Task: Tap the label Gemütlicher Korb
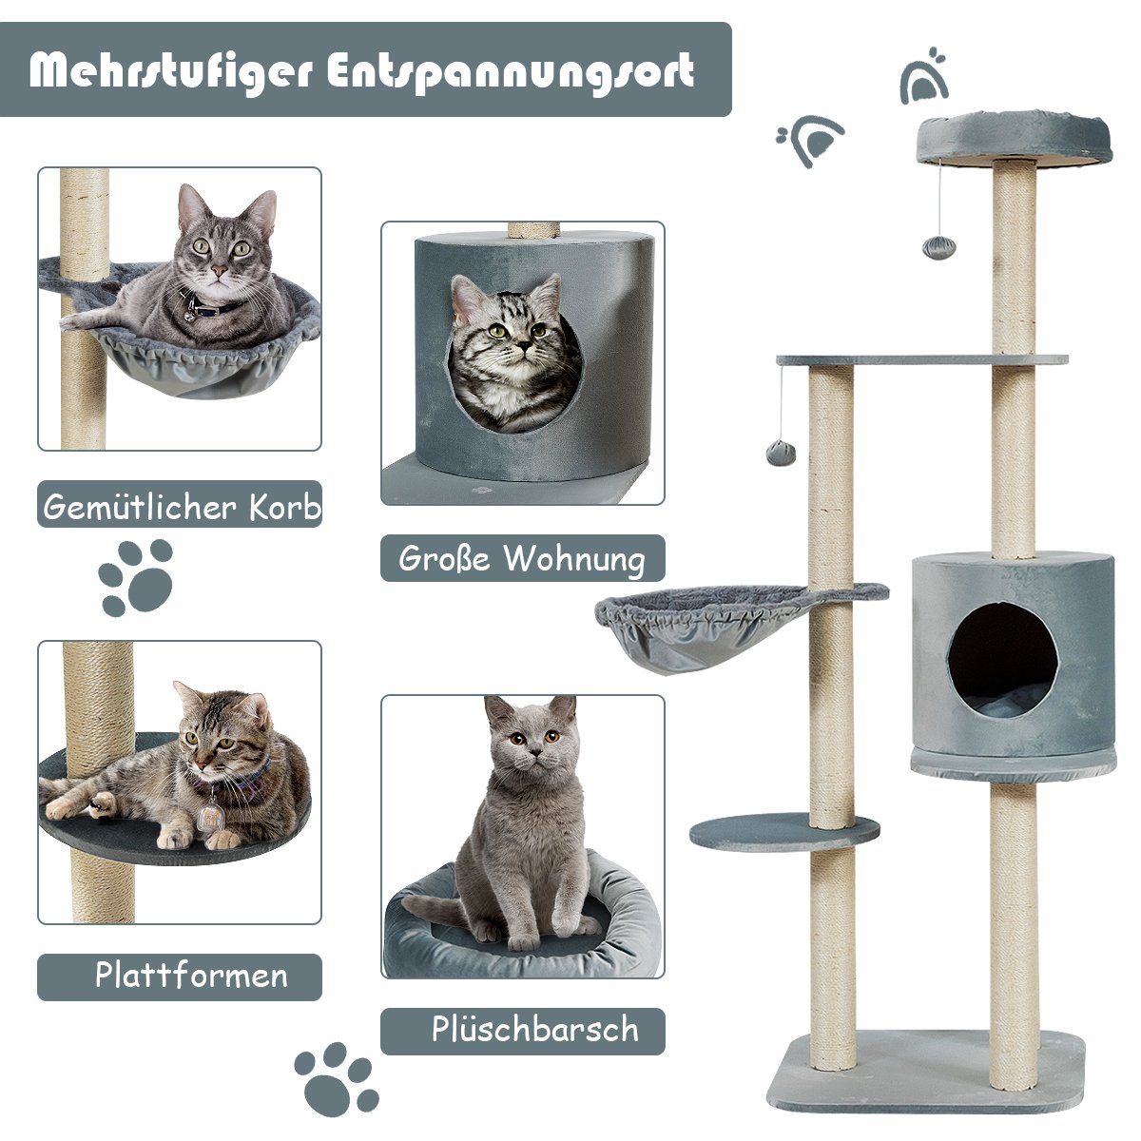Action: click(x=182, y=507)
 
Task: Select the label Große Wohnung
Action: click(x=522, y=558)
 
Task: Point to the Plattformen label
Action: click(x=191, y=975)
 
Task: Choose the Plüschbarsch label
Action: click(x=534, y=1029)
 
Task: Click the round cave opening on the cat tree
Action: click(x=1002, y=660)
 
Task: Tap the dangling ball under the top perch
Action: click(x=938, y=247)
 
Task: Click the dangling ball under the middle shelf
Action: click(x=781, y=454)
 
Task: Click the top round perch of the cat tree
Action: click(x=1014, y=138)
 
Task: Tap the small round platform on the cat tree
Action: click(x=784, y=832)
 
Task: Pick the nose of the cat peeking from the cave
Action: click(x=523, y=344)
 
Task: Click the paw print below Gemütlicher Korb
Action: click(x=136, y=577)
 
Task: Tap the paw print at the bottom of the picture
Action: click(x=337, y=1079)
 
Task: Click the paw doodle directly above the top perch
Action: click(x=923, y=76)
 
